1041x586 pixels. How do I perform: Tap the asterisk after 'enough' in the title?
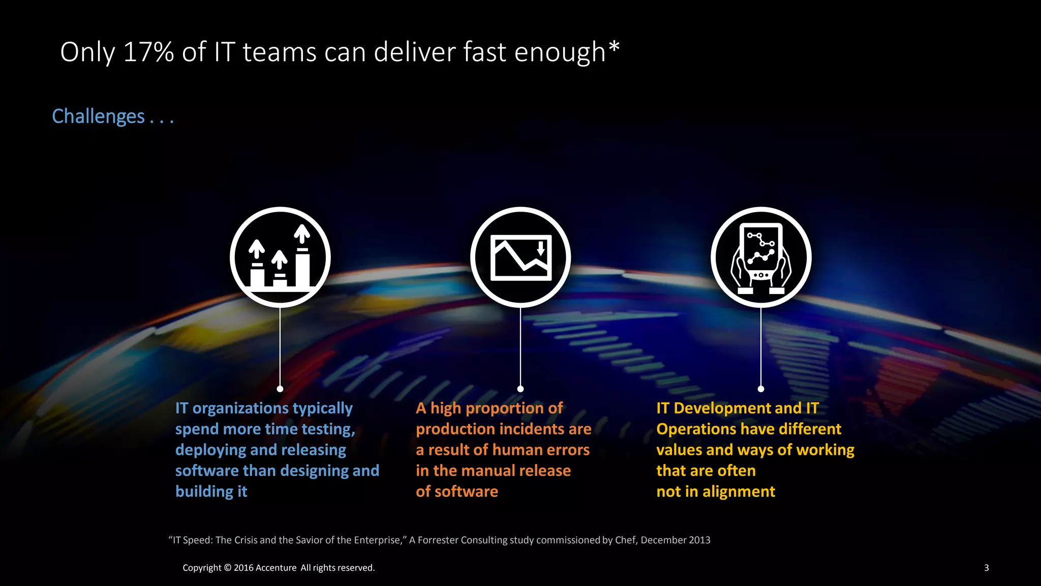pos(614,47)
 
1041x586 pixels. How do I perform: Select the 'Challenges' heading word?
pos(98,116)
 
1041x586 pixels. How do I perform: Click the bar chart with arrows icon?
pos(280,257)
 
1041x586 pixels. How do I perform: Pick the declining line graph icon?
pos(520,257)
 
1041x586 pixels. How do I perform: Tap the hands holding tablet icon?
pos(761,257)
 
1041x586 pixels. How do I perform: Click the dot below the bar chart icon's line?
pos(280,389)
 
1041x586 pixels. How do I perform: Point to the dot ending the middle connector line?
pos(520,389)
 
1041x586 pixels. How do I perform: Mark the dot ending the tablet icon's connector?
pos(761,389)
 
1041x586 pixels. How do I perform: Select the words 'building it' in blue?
pos(211,491)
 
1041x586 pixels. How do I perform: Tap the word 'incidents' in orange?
pos(532,429)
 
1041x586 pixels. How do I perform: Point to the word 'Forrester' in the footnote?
pos(437,540)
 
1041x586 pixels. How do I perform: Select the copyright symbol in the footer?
pos(227,568)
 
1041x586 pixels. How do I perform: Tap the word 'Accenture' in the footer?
pos(276,568)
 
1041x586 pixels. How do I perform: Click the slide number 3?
pos(987,568)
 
